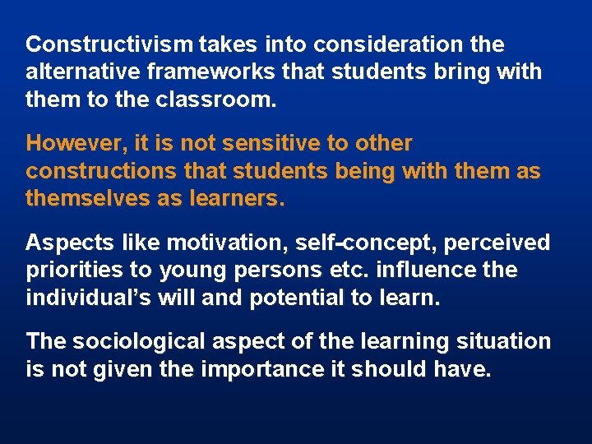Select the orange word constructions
point(101,171)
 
